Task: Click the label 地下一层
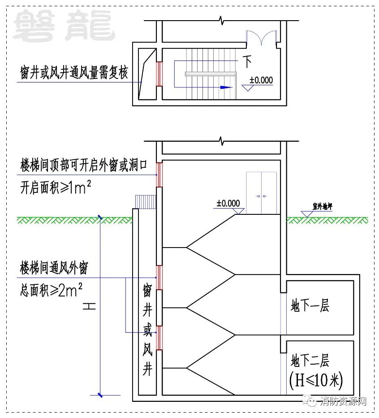[310, 305]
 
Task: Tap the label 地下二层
[310, 361]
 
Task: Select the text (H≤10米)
[316, 380]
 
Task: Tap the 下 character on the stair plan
[247, 61]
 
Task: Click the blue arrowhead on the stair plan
[226, 87]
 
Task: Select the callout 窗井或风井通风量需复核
[74, 73]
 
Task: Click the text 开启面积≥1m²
[56, 187]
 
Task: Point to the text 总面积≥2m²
[51, 290]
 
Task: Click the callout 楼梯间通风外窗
[54, 268]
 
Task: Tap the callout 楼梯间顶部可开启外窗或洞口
[84, 165]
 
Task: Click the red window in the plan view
[159, 74]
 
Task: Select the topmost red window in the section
[159, 175]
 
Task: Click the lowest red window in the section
[159, 338]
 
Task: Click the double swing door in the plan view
[262, 37]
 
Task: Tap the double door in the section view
[261, 193]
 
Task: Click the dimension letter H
[89, 306]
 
